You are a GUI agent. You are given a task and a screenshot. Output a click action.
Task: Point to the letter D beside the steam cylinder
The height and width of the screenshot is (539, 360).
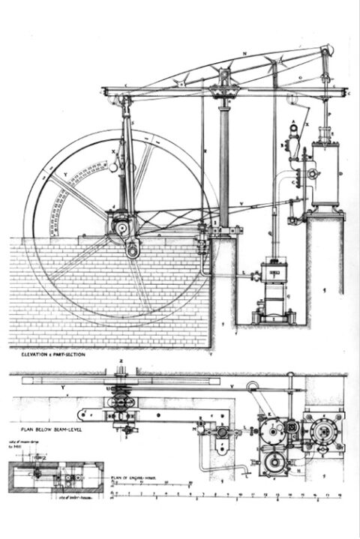pyautogui.click(x=339, y=174)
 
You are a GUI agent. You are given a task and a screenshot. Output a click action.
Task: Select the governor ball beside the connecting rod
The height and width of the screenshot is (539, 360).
pyautogui.click(x=113, y=168)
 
